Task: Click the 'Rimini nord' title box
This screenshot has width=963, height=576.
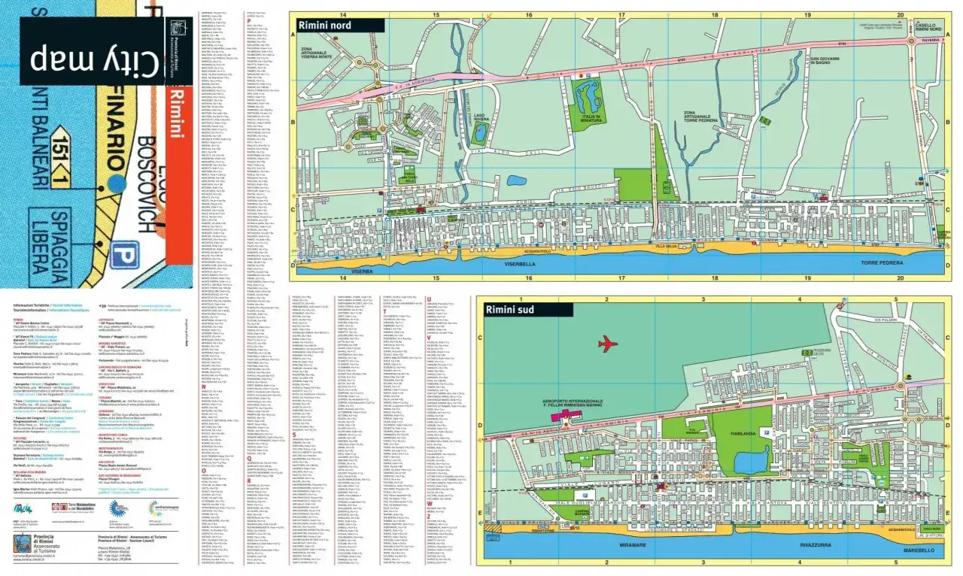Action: (x=337, y=26)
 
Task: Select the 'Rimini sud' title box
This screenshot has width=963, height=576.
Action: (x=524, y=309)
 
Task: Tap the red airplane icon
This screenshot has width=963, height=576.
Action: (x=608, y=344)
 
